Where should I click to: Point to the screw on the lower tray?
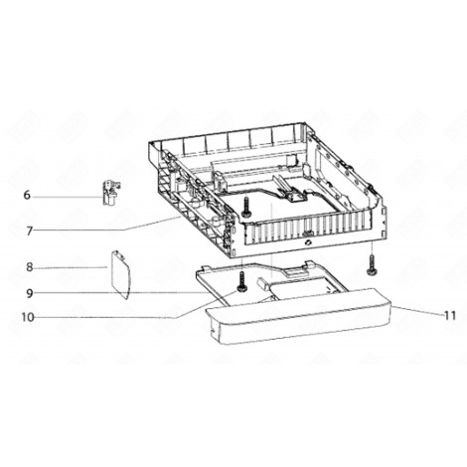[240, 285]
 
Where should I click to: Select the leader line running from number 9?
[139, 293]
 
